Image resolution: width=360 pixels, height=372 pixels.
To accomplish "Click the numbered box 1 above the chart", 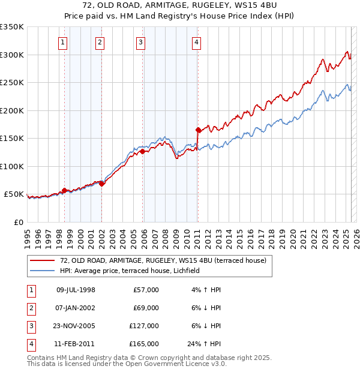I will pos(63,42).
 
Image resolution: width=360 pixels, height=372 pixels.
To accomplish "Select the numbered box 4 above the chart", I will pos(197,42).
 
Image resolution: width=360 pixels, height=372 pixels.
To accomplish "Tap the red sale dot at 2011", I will pos(198,130).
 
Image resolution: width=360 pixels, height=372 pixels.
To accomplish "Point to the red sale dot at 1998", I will pos(64,190).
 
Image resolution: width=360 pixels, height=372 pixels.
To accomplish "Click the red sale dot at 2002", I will pos(101,184).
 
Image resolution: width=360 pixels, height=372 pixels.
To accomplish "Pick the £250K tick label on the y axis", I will pos(12,83).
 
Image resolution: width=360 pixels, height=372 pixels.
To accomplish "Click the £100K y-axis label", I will pos(12,166).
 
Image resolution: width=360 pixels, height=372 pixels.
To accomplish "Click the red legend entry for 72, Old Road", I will pos(158,260).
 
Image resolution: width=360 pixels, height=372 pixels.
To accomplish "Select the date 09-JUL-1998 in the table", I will pos(76,290).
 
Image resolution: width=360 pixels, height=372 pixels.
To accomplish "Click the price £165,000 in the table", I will pos(145,344).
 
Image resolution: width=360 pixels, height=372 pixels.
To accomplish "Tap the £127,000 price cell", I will pos(145,326).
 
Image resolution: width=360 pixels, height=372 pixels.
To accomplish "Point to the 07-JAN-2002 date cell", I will pos(76,308).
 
